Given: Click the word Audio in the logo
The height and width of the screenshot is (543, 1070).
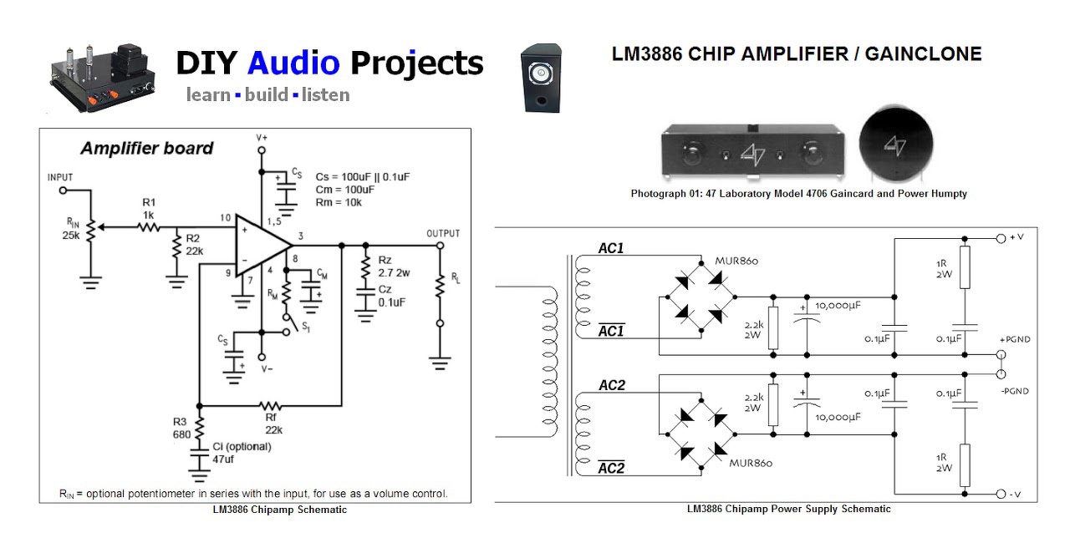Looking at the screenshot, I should [293, 63].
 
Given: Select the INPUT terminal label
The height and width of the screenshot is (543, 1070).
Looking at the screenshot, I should [61, 177].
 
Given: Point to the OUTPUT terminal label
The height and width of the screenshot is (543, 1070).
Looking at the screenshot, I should [442, 233].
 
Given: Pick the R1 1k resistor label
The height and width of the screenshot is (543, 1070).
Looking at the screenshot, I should [149, 208].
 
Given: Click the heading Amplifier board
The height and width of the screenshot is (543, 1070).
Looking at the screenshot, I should [146, 149].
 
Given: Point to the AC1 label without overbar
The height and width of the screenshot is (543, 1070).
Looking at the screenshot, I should [611, 248].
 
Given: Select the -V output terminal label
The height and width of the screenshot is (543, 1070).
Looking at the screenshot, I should [1015, 495].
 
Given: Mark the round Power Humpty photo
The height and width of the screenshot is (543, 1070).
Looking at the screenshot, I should [894, 145].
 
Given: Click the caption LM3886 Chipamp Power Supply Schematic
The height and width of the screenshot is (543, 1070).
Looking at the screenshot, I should [788, 509].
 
